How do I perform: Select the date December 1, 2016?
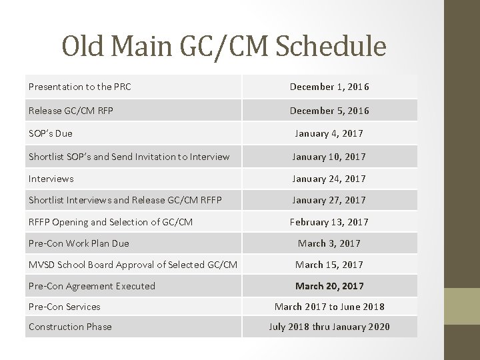329,87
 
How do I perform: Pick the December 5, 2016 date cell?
329,111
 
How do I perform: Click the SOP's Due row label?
51,133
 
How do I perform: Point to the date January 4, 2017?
329,133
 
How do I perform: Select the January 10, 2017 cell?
329,157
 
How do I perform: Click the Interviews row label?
51,179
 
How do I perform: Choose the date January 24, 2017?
329,179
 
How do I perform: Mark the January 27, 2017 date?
329,200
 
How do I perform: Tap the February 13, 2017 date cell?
329,222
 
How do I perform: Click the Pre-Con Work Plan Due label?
79,243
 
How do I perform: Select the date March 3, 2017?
329,243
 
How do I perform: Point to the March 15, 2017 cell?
329,265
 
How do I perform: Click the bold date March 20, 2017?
329,286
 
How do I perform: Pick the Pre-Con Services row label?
65,307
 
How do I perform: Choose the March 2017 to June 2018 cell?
329,307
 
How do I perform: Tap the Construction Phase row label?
70,327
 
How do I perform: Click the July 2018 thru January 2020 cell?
329,327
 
